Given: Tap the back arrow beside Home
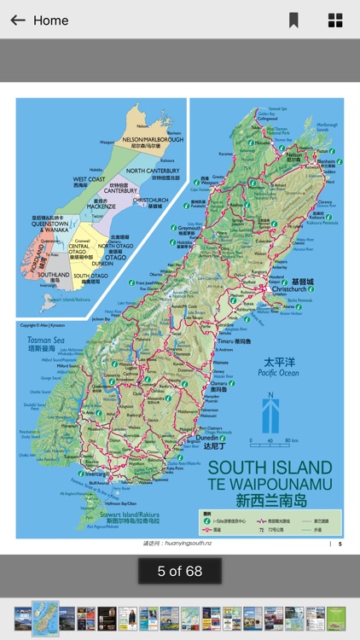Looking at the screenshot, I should click(x=17, y=20).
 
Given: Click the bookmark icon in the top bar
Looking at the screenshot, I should click(x=293, y=20).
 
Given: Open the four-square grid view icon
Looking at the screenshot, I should click(x=335, y=20).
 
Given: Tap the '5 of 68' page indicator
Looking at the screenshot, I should click(x=180, y=571).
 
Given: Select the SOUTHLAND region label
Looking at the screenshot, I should click(x=54, y=276).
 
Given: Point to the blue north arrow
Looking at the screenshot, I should click(x=270, y=415).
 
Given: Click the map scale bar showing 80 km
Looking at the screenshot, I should click(x=274, y=442).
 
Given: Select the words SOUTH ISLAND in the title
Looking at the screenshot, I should click(x=270, y=468).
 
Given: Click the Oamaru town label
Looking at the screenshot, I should click(x=220, y=382).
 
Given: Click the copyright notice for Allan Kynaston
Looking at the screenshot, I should click(x=43, y=325).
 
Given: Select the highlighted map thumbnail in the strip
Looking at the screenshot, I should click(x=45, y=619).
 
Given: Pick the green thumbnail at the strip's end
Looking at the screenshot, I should click(x=336, y=619).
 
